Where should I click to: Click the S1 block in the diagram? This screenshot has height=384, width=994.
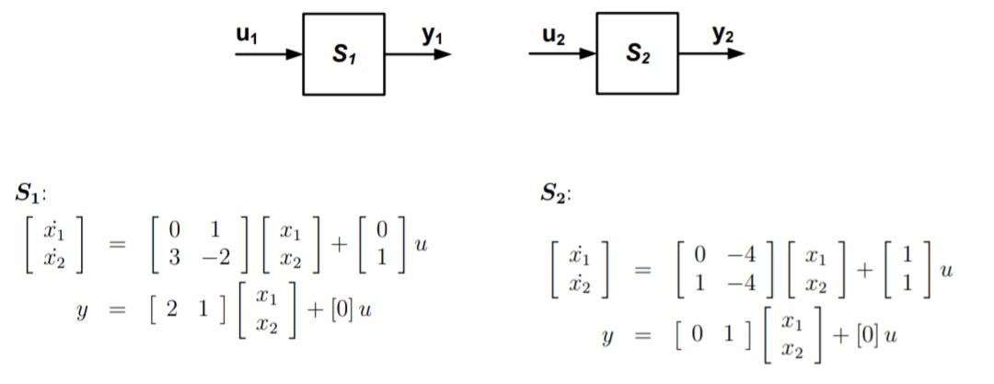click(343, 54)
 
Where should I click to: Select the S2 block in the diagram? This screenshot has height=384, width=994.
click(637, 53)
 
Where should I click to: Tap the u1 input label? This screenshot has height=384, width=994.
click(248, 36)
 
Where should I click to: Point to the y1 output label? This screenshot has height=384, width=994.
click(433, 35)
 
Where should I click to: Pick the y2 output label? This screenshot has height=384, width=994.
click(723, 35)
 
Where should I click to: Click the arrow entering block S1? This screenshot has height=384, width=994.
click(269, 54)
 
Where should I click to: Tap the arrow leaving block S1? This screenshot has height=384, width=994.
click(418, 54)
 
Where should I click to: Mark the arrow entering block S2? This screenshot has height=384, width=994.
click(562, 53)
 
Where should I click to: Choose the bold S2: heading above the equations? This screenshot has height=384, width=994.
click(556, 194)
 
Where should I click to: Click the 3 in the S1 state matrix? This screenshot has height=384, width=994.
click(174, 259)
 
